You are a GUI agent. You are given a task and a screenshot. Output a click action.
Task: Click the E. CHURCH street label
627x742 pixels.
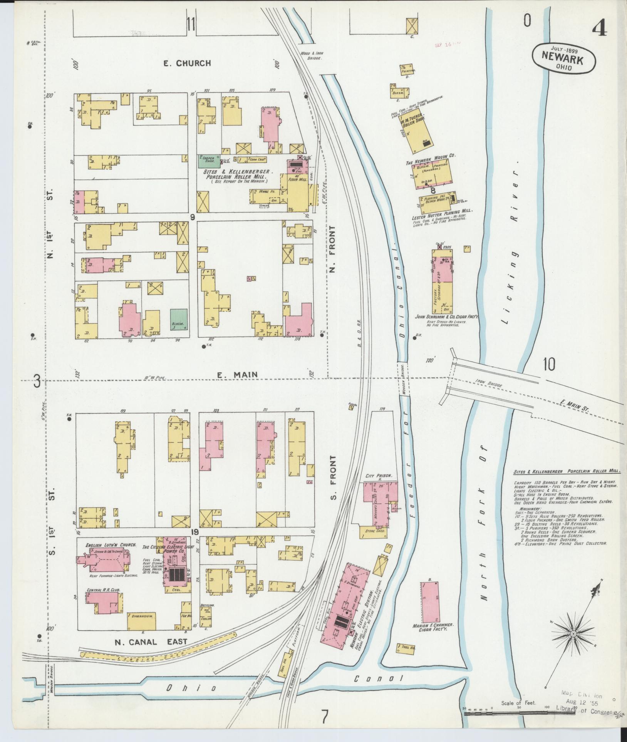(x=187, y=63)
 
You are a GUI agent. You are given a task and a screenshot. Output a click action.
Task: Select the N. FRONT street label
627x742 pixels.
(x=332, y=249)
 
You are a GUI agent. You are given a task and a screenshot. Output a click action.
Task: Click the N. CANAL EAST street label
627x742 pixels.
(x=151, y=641)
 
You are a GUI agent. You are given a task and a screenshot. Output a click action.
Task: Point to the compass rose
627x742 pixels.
(x=573, y=633)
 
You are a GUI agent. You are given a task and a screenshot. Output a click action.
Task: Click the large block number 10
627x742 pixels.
(x=549, y=364)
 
